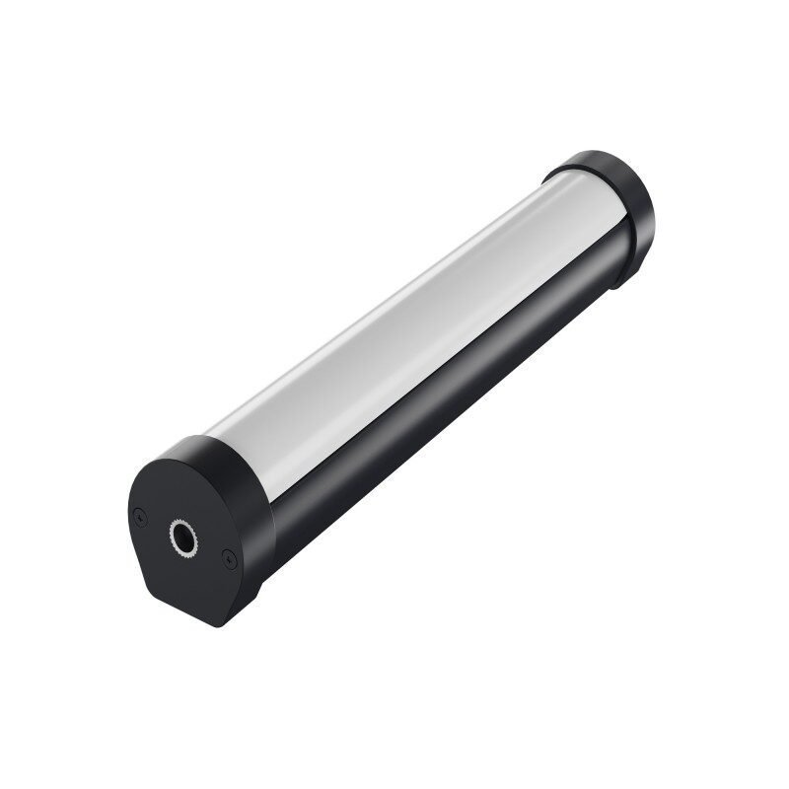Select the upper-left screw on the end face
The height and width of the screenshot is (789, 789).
[141, 515]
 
